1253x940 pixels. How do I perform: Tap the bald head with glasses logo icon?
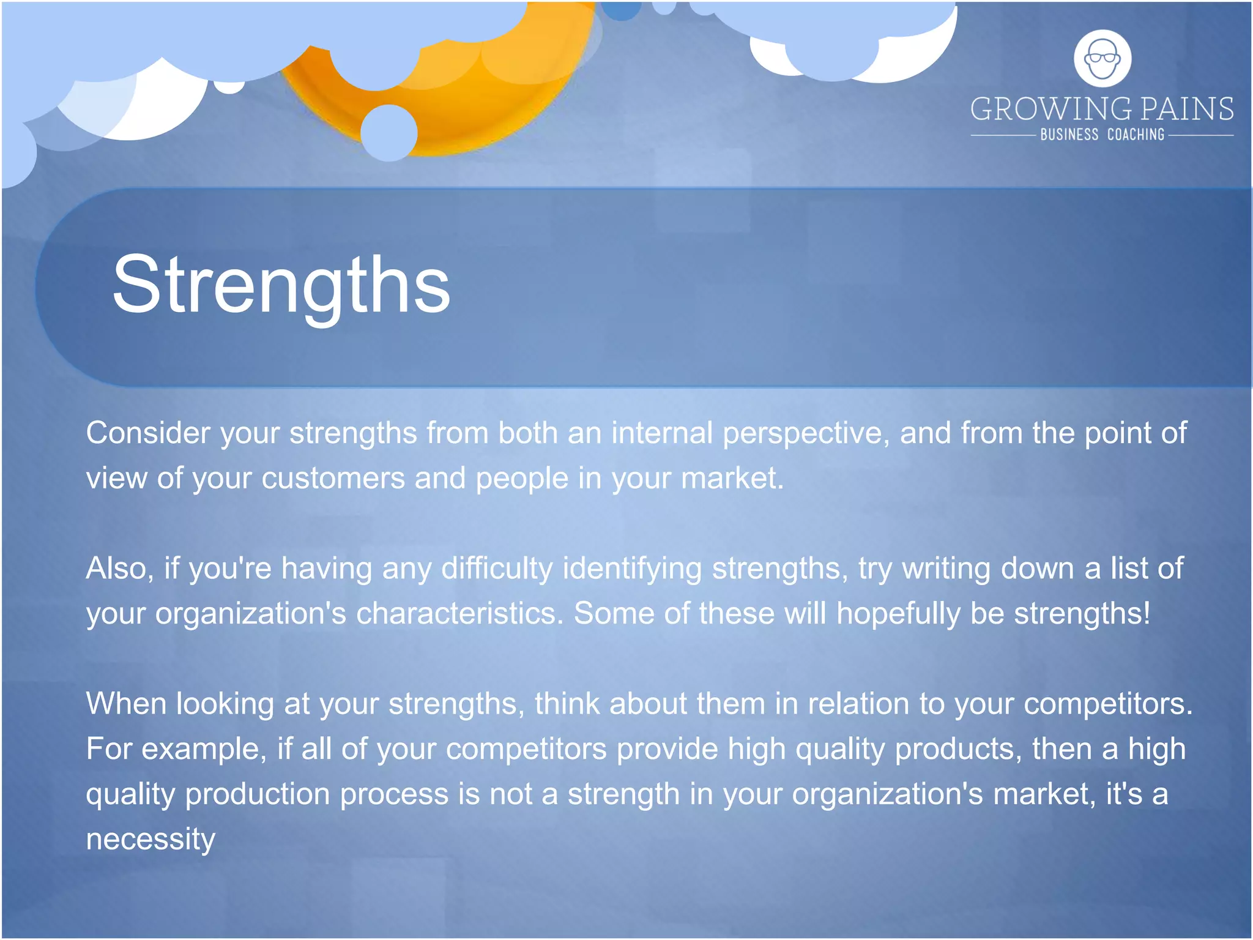pyautogui.click(x=1102, y=59)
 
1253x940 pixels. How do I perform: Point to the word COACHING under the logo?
pyautogui.click(x=1136, y=135)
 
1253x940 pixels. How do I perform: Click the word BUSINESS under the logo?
pyautogui.click(x=1069, y=135)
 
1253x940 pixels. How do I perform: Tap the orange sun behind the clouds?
pyautogui.click(x=465, y=104)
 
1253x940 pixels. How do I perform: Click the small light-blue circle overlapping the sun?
pyautogui.click(x=389, y=133)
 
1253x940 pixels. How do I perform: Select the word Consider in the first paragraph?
pyautogui.click(x=148, y=433)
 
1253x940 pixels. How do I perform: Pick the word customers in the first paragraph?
pyautogui.click(x=333, y=479)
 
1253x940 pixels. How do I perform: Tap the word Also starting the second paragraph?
pyautogui.click(x=119, y=569)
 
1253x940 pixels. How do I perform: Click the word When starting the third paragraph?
pyautogui.click(x=126, y=704)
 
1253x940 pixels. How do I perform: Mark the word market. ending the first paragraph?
pyautogui.click(x=732, y=479)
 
